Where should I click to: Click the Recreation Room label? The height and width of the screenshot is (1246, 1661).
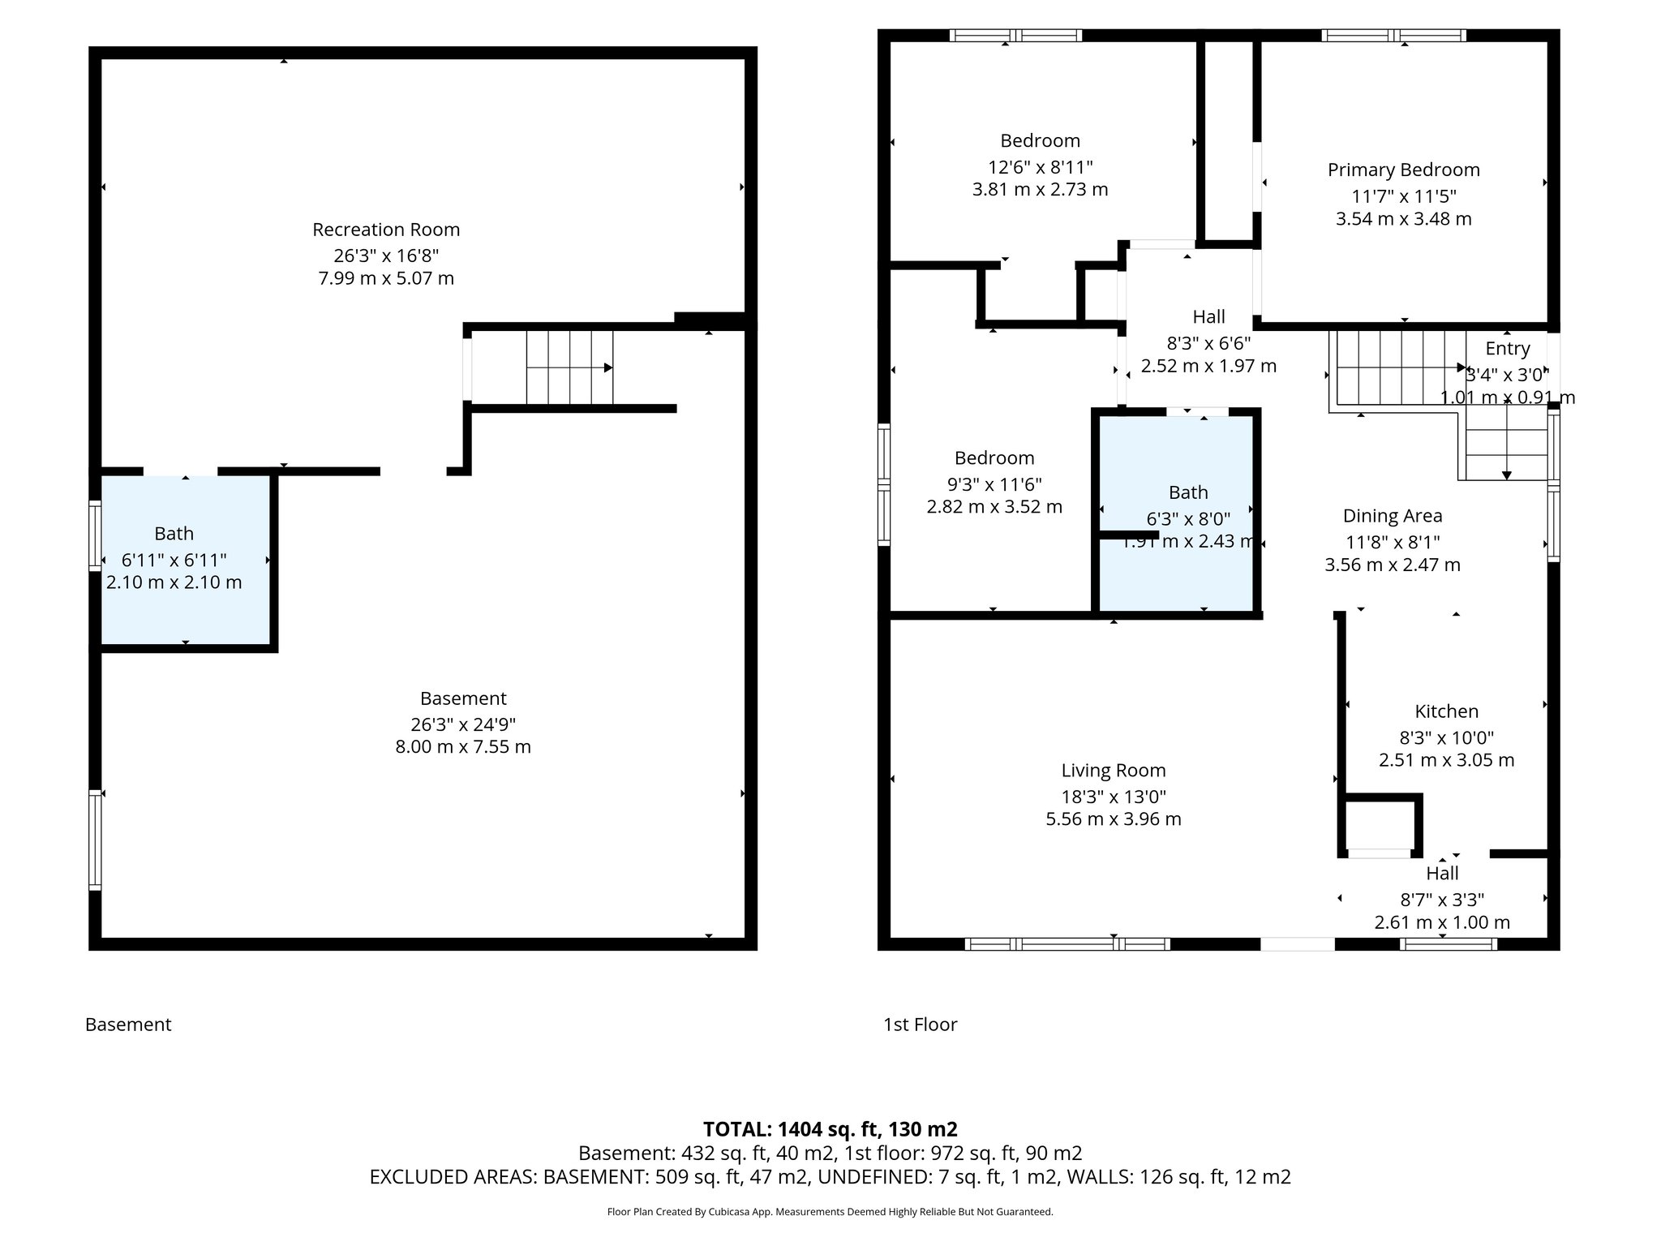pos(386,230)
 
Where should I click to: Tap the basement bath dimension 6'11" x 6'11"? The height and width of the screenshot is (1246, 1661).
pos(174,560)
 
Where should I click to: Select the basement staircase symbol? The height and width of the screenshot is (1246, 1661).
pos(569,367)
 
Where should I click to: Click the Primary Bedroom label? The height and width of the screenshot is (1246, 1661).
pos(1403,170)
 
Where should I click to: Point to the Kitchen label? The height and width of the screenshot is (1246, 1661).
pos(1446,711)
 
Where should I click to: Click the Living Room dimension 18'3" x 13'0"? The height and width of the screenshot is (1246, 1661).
pos(1114,797)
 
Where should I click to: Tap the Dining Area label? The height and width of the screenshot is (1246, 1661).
pos(1393,516)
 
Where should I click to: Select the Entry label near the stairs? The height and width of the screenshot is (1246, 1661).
pos(1507,349)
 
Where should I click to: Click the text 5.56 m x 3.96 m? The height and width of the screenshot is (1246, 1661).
pos(1114,819)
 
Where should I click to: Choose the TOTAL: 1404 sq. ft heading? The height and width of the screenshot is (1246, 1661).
pos(830,1129)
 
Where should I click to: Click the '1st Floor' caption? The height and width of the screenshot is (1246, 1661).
pos(920,1025)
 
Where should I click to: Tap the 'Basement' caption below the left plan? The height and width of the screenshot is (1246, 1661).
pos(128,1025)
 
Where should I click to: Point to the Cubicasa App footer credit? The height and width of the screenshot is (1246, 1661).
pos(830,1212)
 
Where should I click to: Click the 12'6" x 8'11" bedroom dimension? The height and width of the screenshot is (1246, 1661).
pos(1040,167)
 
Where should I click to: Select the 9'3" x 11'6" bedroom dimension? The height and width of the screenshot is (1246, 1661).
pos(994,484)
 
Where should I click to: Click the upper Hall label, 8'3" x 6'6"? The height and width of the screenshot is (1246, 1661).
pos(1208,317)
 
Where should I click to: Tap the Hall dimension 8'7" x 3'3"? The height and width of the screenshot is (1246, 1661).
pos(1442,900)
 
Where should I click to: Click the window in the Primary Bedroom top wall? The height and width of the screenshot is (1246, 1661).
pos(1393,35)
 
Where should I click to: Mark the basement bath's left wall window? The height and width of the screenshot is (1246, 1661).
pos(95,535)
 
